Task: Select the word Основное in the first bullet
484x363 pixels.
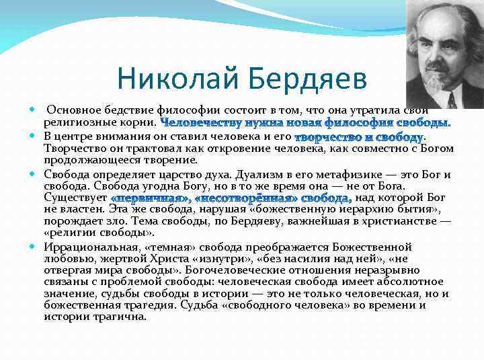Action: (x=76, y=110)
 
